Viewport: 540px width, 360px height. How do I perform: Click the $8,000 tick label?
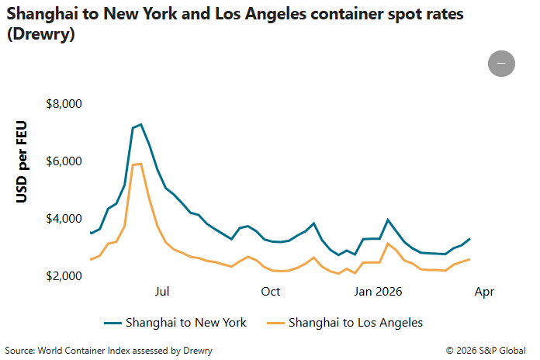(66, 104)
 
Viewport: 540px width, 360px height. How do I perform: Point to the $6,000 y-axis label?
(66, 161)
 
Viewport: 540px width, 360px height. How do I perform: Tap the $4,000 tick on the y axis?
(66, 219)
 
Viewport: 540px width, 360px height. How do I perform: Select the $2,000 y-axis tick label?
(66, 276)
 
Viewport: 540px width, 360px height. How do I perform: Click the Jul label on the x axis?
(162, 292)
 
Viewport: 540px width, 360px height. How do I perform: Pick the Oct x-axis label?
(271, 292)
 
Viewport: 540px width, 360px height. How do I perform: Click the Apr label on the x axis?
(483, 292)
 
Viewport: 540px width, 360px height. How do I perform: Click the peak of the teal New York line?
(140, 124)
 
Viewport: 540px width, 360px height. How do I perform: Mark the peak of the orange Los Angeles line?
(140, 164)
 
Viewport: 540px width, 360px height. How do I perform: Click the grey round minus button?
(501, 63)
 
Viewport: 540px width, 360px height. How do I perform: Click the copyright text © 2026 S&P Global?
(486, 351)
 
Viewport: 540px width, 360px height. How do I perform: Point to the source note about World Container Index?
(109, 351)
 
